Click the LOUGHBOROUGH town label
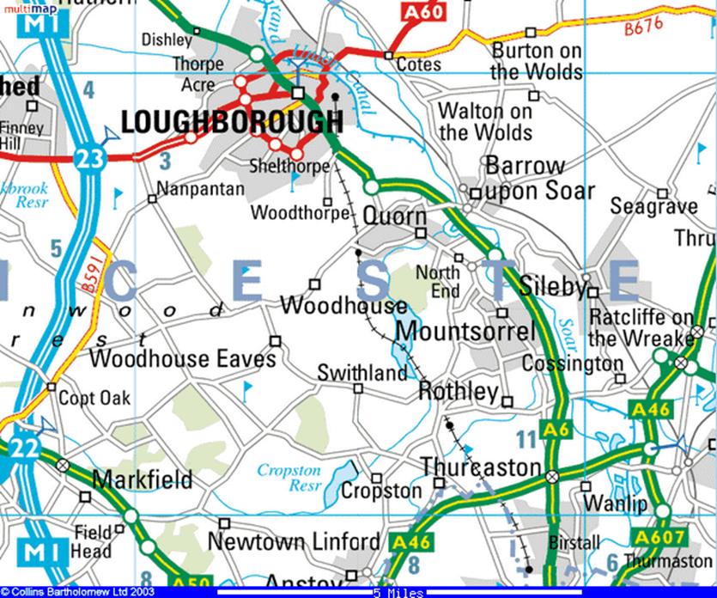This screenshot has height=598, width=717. pos(232,122)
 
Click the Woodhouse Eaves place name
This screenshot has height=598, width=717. pos(182,357)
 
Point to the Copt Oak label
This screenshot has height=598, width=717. pos(94,399)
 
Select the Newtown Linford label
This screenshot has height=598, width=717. pos(293,542)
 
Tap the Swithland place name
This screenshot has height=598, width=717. pos(362,373)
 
